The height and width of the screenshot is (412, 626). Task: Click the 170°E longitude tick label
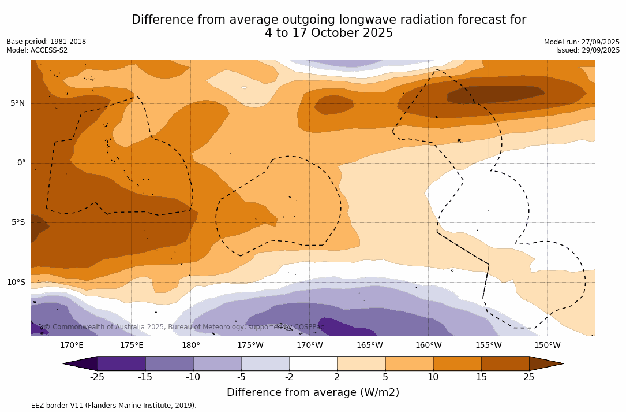pyautogui.click(x=72, y=346)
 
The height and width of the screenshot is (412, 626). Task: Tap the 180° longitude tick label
pyautogui.click(x=191, y=346)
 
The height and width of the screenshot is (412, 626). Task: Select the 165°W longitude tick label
pyautogui.click(x=369, y=346)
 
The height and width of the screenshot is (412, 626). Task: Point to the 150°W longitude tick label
pyautogui.click(x=547, y=346)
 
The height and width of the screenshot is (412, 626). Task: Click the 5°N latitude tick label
pyautogui.click(x=17, y=103)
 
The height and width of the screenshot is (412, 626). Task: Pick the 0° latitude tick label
pyautogui.click(x=21, y=163)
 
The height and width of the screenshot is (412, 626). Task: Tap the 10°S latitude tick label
pyautogui.click(x=16, y=283)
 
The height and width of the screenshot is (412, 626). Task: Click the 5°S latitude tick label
pyautogui.click(x=17, y=222)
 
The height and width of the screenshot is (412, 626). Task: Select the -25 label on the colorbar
pyautogui.click(x=97, y=377)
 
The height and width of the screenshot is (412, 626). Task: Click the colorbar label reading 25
pyautogui.click(x=528, y=377)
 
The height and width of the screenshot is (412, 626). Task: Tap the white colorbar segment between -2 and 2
pyautogui.click(x=313, y=363)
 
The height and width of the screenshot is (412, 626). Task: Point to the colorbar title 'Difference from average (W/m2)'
pyautogui.click(x=313, y=392)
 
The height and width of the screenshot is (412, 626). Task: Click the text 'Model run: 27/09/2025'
pyautogui.click(x=582, y=42)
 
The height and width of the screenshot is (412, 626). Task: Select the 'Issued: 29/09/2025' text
pyautogui.click(x=588, y=50)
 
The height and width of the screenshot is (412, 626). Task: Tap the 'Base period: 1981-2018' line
pyautogui.click(x=46, y=42)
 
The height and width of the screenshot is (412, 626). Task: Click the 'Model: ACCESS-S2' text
pyautogui.click(x=37, y=50)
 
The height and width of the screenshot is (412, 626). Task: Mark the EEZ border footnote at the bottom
pyautogui.click(x=102, y=406)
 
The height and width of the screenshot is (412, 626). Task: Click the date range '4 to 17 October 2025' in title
pyautogui.click(x=329, y=34)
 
